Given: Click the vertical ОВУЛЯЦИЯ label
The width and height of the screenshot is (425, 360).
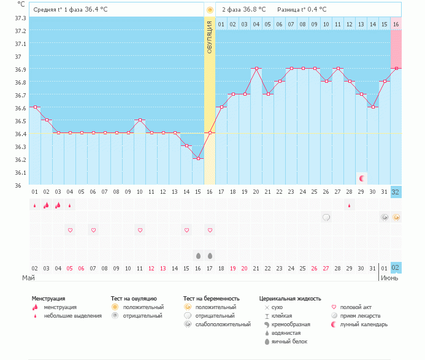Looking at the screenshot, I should click(x=210, y=37).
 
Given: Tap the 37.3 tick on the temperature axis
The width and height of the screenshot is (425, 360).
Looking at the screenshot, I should click(x=20, y=18).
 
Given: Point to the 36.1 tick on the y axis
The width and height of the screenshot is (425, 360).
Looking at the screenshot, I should click(x=20, y=172).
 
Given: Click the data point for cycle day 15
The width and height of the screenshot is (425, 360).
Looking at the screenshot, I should click(x=197, y=158).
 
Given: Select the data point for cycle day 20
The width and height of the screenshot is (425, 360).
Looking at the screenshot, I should click(x=256, y=69).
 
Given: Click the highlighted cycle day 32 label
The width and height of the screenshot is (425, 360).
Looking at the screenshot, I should click(x=396, y=192).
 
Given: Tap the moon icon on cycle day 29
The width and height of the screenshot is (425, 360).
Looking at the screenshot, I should click(x=362, y=178).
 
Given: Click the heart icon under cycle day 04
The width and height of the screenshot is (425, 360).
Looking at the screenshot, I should click(x=70, y=230).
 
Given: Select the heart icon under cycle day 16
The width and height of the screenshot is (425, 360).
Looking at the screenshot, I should click(x=210, y=230).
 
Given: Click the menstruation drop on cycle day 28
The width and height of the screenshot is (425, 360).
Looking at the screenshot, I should click(x=350, y=205).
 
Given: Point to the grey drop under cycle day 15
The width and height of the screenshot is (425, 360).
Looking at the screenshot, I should click(x=198, y=255).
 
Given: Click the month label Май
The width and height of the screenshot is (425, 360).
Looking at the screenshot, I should click(x=28, y=278).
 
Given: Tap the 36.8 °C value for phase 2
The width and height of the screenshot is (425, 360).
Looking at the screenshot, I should click(x=254, y=10).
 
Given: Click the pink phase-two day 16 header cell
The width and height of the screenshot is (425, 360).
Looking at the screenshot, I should click(x=396, y=24).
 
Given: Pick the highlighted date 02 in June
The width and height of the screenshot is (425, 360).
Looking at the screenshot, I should click(x=396, y=268).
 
